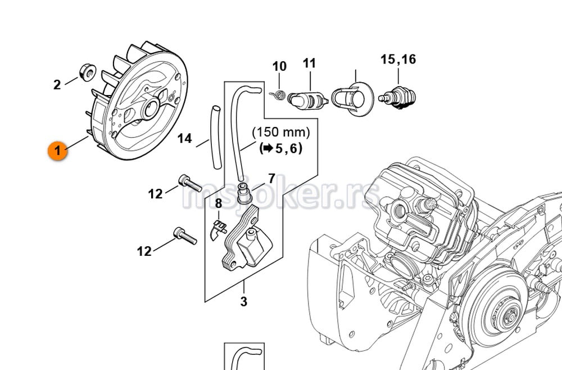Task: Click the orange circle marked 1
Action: pos(57,151)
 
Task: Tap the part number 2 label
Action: pos(57,85)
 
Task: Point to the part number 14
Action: pos(184,138)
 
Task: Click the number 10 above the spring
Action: pos(279,66)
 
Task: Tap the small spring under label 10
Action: pos(279,96)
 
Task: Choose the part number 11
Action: pos(310,63)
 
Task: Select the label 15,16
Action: pos(398,59)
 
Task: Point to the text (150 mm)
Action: pos(280,133)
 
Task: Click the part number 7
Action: pos(271,179)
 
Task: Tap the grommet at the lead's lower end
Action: pos(244,192)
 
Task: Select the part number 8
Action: pos(219,204)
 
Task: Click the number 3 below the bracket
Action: pos(243,302)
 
